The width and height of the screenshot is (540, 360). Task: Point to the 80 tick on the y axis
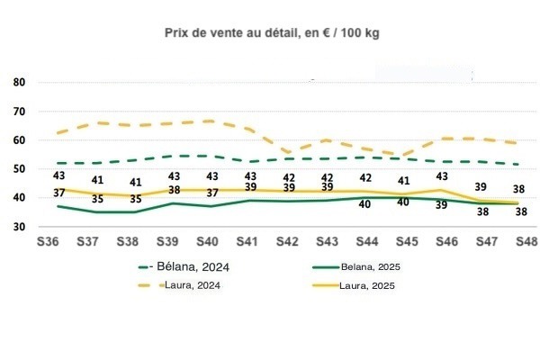coord(19,83)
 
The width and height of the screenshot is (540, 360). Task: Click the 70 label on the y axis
coord(19,112)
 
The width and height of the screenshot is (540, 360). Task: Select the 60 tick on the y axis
coord(19,140)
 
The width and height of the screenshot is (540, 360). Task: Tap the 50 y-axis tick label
coord(19,169)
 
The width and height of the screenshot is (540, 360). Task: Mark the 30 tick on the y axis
coord(19,227)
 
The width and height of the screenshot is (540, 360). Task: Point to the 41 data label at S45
coord(404,180)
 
